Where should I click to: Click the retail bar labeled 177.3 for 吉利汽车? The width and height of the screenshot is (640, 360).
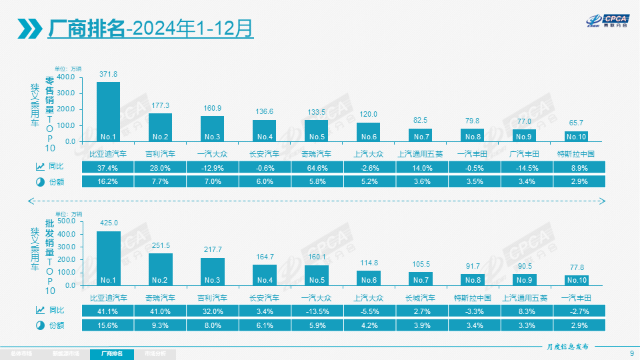click(160, 127)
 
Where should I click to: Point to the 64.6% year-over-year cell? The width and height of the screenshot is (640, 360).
click(316, 167)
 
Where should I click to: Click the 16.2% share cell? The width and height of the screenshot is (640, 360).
click(108, 181)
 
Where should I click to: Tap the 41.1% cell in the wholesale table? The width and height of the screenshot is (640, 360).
click(108, 311)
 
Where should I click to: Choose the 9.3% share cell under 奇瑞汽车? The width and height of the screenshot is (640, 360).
click(160, 325)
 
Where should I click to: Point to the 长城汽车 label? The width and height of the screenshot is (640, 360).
click(420, 297)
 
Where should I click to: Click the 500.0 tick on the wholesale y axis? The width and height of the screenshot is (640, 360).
click(66, 221)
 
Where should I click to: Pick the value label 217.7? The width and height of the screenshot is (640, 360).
click(212, 249)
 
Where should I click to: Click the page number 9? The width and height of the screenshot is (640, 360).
click(631, 353)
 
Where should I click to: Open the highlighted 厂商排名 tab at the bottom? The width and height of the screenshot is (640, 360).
click(111, 353)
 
